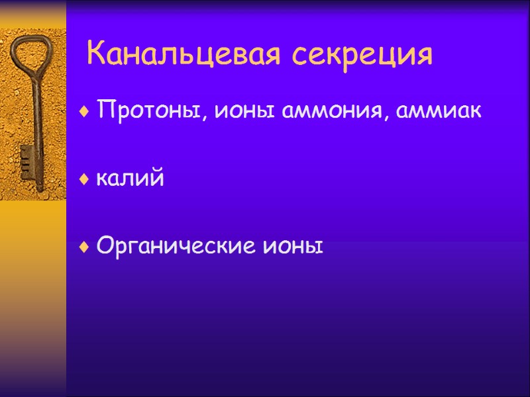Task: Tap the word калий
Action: point(130,178)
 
